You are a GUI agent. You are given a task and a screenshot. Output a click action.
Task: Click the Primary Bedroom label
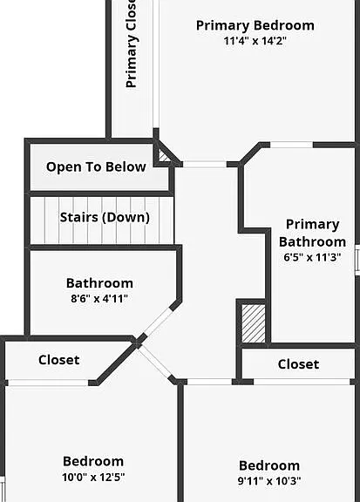pos(255,25)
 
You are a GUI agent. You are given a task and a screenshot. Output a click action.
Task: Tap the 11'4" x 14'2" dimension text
pos(255,41)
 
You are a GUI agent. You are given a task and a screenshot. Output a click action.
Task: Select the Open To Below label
pos(96,166)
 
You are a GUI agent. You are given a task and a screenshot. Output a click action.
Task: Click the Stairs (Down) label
pos(105,217)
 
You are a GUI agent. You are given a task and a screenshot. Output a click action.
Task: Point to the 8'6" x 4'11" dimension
pos(99,299)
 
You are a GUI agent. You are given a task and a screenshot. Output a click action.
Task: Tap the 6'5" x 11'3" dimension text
pos(312,257)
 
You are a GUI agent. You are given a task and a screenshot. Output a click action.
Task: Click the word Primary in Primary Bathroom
pos(313,225)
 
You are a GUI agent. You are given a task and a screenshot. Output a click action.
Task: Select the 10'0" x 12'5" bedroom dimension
pos(93,478)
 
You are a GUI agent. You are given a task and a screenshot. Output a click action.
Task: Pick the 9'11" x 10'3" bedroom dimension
pos(269,481)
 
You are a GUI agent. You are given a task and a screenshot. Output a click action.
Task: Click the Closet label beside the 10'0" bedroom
pos(59,360)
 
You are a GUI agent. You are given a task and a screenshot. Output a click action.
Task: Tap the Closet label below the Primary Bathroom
pos(298,364)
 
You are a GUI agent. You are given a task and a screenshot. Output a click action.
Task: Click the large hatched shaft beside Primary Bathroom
pos(254,323)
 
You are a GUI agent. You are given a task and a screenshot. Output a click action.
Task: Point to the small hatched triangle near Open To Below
pos(164,156)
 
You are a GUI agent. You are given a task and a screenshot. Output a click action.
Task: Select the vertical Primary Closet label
pos(132,44)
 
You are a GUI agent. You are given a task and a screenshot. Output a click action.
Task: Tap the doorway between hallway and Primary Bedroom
pos(205,164)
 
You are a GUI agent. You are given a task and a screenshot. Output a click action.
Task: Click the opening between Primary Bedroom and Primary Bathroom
pos(291,145)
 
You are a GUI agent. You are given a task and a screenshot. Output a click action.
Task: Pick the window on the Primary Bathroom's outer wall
pos(357,260)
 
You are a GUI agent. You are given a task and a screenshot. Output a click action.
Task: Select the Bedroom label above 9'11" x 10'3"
pos(269,465)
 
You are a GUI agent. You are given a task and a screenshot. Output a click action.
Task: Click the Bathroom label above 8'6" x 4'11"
pos(99,283)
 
